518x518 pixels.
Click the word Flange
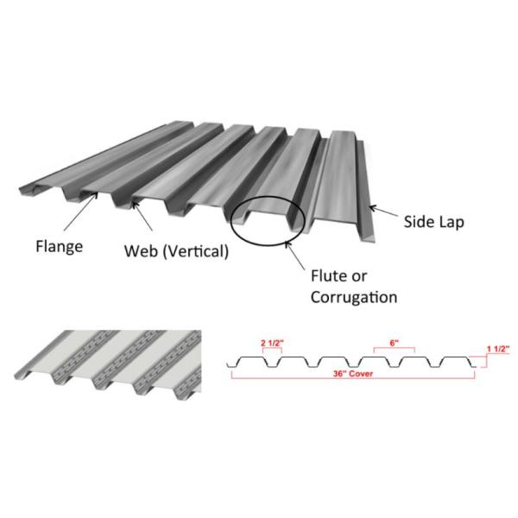[60, 247]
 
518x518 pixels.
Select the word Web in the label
[140, 252]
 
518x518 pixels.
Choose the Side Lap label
[434, 221]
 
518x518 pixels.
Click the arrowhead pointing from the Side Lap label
[374, 208]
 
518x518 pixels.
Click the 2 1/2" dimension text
[271, 343]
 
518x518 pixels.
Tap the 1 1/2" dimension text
[498, 348]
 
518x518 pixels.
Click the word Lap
[451, 221]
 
